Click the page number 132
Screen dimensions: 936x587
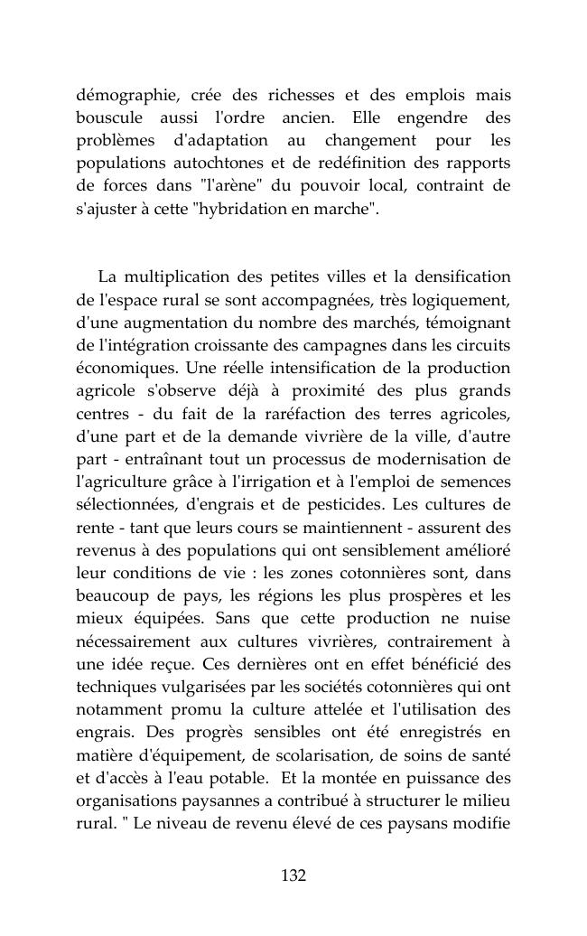click(x=293, y=875)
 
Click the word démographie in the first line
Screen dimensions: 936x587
click(x=121, y=95)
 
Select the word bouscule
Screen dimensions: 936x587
click(x=107, y=117)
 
